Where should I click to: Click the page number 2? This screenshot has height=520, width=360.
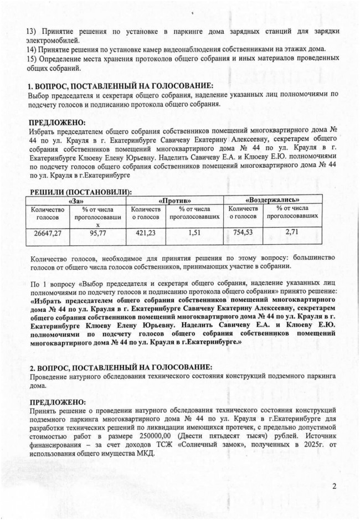click(x=335, y=487)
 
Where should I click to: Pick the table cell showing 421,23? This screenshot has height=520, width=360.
click(x=142, y=233)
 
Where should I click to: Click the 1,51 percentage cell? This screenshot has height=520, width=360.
click(x=194, y=233)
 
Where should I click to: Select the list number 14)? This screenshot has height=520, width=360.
click(x=32, y=50)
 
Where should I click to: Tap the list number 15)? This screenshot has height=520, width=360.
click(x=32, y=60)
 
